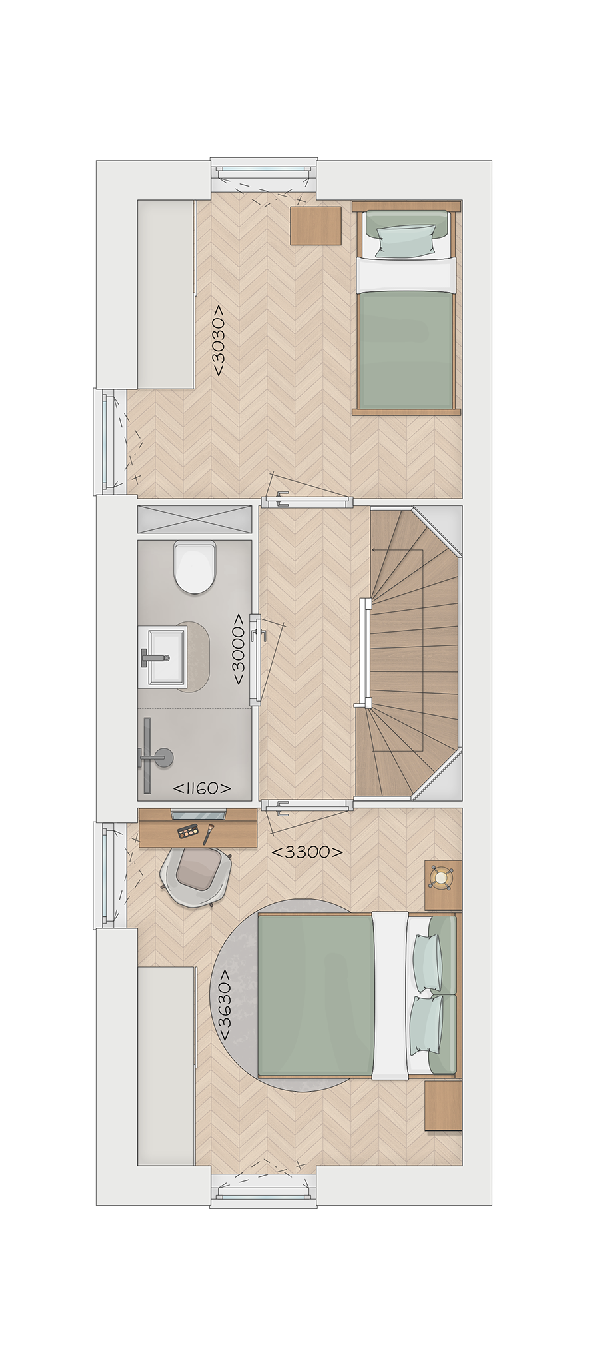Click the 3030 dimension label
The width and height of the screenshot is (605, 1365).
[x=219, y=341]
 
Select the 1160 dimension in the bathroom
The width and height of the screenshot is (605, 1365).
[x=202, y=788]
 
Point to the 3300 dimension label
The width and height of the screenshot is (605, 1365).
[x=307, y=852]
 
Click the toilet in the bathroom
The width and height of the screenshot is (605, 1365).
[x=195, y=567]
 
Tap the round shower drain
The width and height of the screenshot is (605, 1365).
[x=164, y=757]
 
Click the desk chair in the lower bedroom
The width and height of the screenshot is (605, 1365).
[x=196, y=877]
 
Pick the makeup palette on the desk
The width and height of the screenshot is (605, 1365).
[x=189, y=831]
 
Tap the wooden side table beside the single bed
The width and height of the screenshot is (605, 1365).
[x=316, y=225]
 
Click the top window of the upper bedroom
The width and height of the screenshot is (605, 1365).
[x=263, y=171]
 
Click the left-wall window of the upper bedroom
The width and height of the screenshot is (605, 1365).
[x=105, y=442]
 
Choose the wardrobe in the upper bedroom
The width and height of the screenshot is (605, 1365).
[x=167, y=294]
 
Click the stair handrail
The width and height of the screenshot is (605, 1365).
[x=364, y=653]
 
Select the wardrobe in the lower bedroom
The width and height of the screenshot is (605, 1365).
[x=167, y=1066]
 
